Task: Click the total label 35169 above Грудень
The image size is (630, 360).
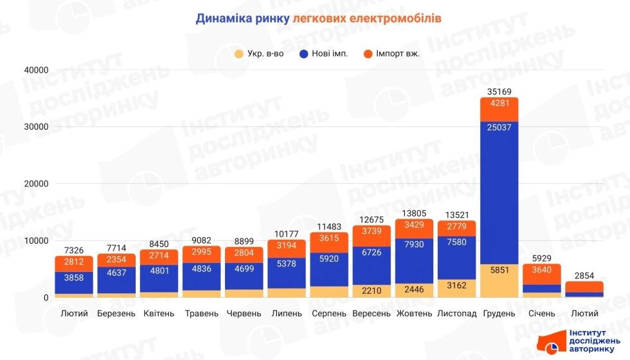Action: (x=499, y=91)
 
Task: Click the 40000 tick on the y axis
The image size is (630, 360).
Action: (x=36, y=70)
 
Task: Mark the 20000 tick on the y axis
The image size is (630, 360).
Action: (x=36, y=184)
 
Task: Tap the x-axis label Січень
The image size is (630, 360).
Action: (x=541, y=314)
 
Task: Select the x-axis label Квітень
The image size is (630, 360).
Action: (x=159, y=314)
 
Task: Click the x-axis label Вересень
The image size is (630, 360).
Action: (x=372, y=314)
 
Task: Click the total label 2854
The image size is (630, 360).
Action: (x=584, y=275)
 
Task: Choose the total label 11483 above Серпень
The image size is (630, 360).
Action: (x=329, y=227)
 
